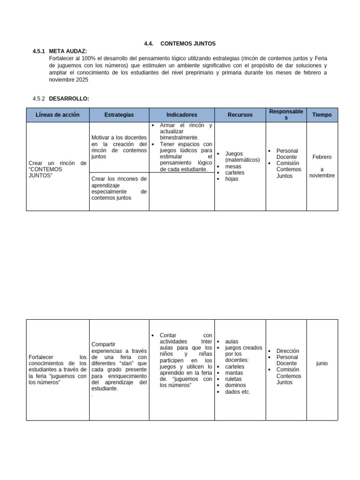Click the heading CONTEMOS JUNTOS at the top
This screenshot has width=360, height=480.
(187, 44)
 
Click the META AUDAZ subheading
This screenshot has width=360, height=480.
(67, 51)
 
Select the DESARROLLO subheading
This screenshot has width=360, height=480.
(68, 98)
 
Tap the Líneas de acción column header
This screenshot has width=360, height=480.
(58, 115)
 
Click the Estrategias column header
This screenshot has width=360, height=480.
(119, 115)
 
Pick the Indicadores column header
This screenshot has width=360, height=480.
(181, 115)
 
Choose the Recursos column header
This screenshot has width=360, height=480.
(240, 115)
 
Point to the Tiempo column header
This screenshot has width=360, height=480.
(322, 115)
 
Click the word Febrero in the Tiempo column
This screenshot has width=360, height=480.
(322, 157)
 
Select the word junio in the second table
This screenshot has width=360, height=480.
(322, 363)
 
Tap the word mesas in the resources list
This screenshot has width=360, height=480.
(233, 166)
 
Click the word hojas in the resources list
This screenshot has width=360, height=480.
(232, 179)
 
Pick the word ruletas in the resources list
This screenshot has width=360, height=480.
(234, 379)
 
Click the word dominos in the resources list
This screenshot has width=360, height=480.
(236, 385)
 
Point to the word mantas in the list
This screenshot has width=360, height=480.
(234, 373)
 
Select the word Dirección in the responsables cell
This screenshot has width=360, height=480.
(288, 351)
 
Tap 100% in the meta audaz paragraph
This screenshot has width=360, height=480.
(88, 58)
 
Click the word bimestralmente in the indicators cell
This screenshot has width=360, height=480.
(179, 138)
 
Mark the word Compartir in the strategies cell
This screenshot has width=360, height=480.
(104, 344)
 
